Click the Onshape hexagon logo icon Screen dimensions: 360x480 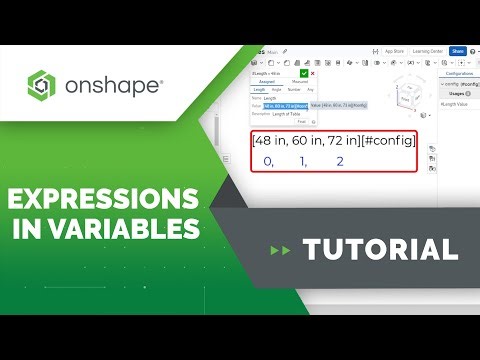pos(44,86)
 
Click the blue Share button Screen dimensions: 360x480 pos(457,51)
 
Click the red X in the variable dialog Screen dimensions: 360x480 pos(313,72)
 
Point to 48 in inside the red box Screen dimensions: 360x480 pos(272,140)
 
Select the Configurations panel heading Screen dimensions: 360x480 pos(459,73)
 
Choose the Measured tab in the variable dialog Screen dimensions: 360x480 pos(299,81)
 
